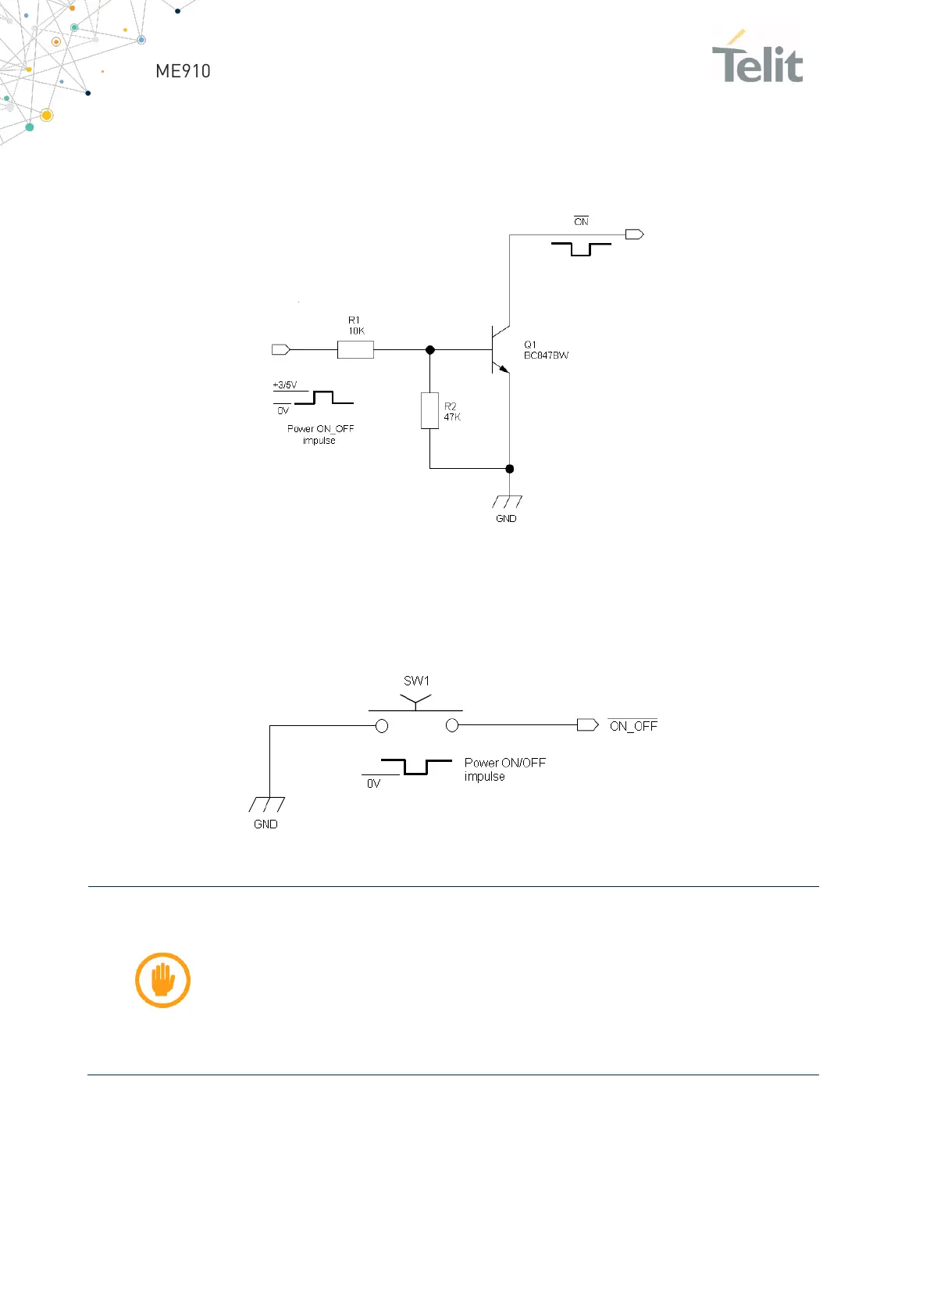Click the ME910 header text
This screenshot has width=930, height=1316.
coord(183,71)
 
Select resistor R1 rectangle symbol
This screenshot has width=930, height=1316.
coord(355,349)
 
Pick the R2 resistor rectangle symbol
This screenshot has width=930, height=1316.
coord(429,410)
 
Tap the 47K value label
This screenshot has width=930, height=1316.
coord(452,417)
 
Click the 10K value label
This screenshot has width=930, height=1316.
coord(356,331)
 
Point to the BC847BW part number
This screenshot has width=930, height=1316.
coord(546,356)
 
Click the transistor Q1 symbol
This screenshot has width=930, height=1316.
coord(498,349)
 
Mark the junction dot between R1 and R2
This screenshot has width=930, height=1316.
coord(429,349)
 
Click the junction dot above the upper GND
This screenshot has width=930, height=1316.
coord(510,469)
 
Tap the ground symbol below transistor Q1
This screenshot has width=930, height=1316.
coord(507,502)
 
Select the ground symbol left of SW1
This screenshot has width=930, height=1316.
coord(266,804)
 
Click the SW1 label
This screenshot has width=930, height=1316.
coord(416,681)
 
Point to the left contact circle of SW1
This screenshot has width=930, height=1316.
coord(382,726)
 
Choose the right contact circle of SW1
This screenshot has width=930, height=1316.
coord(451,726)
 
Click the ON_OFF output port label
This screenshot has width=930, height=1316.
coord(633,726)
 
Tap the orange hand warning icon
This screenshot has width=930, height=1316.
coord(162,980)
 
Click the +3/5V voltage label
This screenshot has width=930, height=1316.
coord(284,384)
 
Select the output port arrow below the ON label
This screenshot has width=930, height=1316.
coord(634,234)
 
